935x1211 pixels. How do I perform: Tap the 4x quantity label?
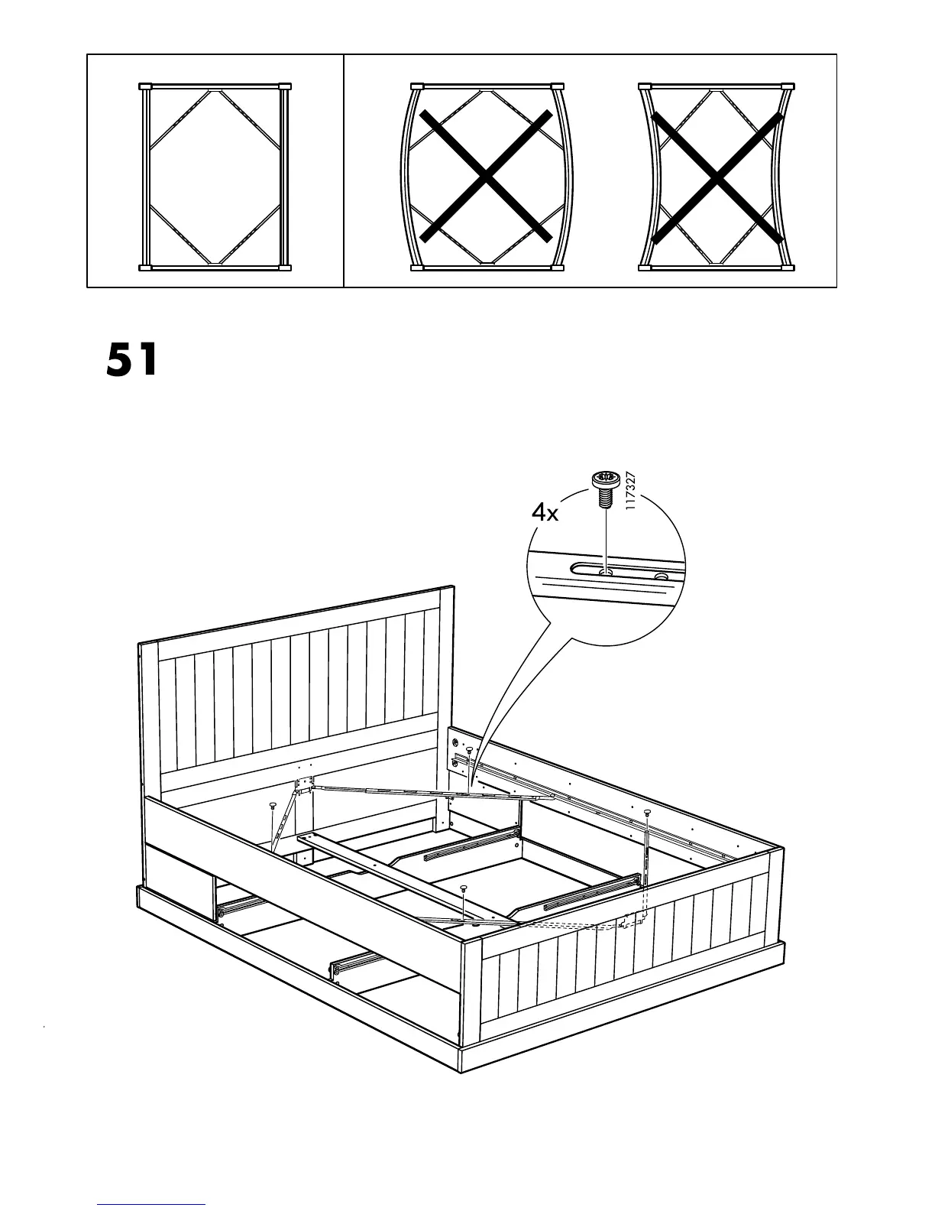click(x=545, y=512)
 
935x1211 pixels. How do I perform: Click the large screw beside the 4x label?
click(x=604, y=486)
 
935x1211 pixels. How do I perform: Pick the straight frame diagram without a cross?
click(x=215, y=176)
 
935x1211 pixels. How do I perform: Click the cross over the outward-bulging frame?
click(x=485, y=176)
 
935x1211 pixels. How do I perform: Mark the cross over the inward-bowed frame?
click(x=717, y=176)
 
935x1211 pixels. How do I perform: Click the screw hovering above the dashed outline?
click(x=647, y=811)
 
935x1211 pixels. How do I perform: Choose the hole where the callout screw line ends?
click(x=605, y=570)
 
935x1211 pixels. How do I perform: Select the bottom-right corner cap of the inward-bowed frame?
click(x=788, y=268)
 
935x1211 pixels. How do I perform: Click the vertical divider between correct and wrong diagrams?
click(x=344, y=170)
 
